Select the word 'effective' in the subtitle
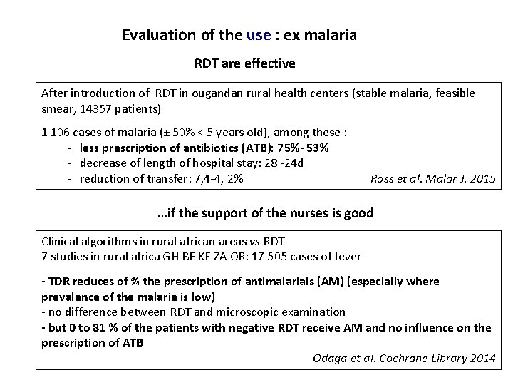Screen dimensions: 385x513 (272, 64)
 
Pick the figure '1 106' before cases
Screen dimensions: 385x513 (56, 133)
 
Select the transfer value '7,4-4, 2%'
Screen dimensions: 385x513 (217, 178)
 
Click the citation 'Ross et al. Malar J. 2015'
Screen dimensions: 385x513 (432, 178)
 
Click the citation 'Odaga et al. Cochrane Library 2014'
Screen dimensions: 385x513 (404, 357)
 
